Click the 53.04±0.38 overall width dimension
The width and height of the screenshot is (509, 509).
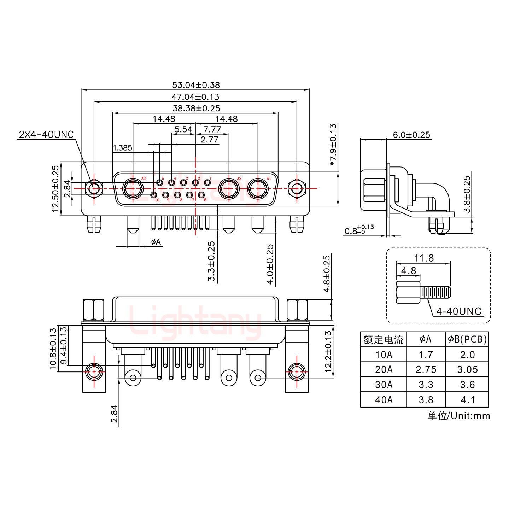196,85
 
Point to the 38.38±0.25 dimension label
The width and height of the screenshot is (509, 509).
196,108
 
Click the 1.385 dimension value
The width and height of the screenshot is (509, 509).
122,147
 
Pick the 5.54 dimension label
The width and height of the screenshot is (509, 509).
183,129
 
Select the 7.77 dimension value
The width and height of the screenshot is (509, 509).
212,129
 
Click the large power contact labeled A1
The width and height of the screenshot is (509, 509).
258,189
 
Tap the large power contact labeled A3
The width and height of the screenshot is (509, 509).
133,189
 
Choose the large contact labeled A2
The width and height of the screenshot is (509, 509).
229,189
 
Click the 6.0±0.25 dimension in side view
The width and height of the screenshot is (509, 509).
411,135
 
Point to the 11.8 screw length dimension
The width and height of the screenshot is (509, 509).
423,258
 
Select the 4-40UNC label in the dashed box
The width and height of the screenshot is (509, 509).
458,311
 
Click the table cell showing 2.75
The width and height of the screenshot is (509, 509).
426,369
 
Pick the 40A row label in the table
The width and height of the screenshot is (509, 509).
384,399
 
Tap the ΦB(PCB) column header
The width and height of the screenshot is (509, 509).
467,339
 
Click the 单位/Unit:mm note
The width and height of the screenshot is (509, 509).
459,416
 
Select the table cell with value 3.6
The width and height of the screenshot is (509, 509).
467,385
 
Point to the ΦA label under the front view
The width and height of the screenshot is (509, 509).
156,242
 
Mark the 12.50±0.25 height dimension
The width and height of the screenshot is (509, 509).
55,189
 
